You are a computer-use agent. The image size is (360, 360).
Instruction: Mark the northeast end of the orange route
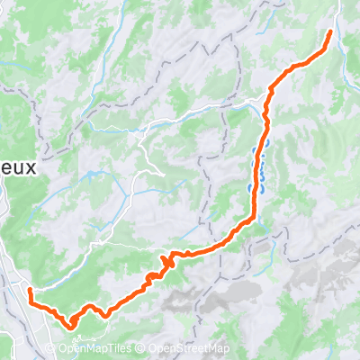tap(330, 32)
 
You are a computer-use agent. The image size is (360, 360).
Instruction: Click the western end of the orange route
tap(29, 291)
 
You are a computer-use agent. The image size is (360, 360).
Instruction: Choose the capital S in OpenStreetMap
tap(183, 349)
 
